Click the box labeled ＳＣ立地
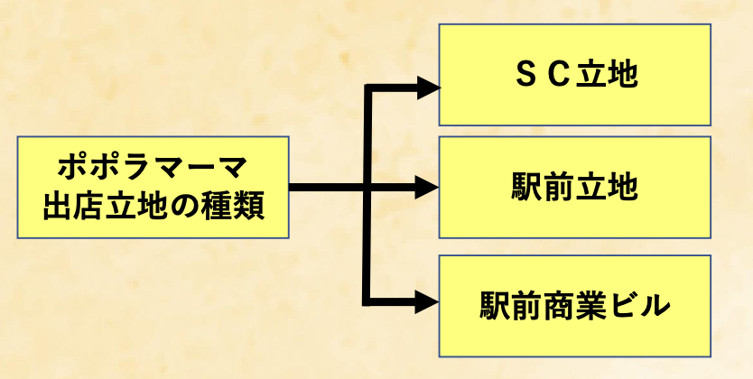coord(574,75)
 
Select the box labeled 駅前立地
coord(574,188)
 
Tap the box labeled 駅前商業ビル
coord(574,305)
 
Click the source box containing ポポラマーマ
coord(153,188)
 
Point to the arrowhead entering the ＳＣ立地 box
coord(427,87)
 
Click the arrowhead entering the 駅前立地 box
coord(427,188)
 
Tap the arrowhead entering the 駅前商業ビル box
coord(427,302)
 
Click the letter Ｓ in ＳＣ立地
coord(525,76)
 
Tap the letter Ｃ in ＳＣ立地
coord(560,76)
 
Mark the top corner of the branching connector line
coord(366,88)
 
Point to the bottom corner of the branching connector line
coord(366,301)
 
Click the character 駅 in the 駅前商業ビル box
coord(497,306)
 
